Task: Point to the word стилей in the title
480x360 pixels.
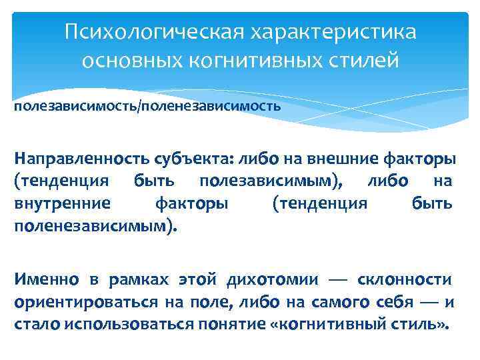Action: [x=365, y=61]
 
